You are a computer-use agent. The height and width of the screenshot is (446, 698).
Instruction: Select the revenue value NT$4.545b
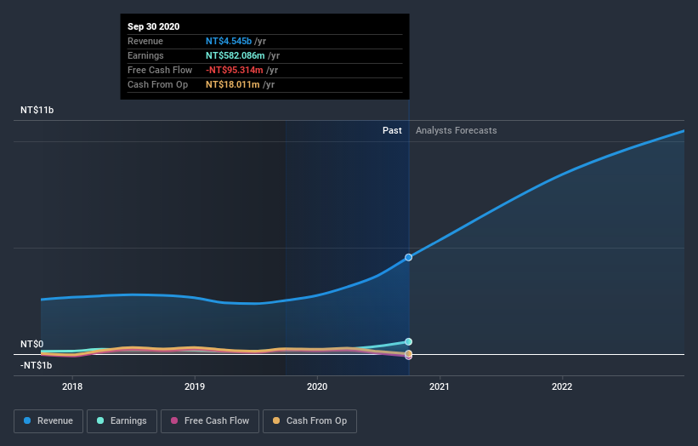(229, 41)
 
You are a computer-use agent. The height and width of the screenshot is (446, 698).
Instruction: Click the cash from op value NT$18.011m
(233, 84)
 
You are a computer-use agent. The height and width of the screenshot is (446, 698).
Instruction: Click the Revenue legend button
(49, 420)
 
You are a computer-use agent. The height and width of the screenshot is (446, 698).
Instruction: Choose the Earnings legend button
(122, 420)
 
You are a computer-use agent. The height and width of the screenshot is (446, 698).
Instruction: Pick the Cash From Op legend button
(310, 420)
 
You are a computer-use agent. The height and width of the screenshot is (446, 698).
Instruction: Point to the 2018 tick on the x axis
(72, 385)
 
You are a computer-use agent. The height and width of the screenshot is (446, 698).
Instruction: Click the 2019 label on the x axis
(195, 385)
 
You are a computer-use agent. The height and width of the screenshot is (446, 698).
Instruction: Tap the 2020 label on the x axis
(317, 385)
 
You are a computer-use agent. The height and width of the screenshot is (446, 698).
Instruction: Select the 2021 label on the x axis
(440, 385)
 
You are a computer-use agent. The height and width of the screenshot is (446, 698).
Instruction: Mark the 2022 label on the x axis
(562, 385)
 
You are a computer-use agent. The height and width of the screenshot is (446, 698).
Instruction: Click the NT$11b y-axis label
(37, 111)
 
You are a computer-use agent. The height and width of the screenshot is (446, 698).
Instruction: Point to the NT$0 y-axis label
(32, 344)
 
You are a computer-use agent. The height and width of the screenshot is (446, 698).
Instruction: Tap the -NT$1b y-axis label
(37, 365)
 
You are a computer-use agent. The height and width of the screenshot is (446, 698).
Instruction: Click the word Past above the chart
(392, 130)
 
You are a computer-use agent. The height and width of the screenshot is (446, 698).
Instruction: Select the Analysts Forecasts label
(457, 130)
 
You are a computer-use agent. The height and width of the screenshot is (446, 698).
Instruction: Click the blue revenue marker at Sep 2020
(409, 257)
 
